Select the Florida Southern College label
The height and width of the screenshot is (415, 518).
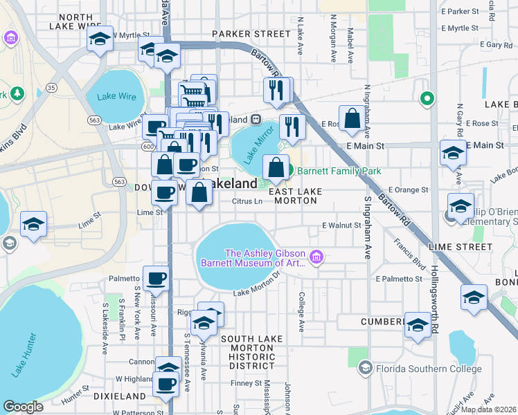(428, 369)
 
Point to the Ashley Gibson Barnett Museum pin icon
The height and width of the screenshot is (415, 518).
(316, 258)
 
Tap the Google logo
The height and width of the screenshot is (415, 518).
(23, 406)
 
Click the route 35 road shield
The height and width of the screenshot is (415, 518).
(51, 88)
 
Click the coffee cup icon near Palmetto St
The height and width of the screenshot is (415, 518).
(156, 279)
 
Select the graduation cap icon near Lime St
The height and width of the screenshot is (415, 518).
(33, 225)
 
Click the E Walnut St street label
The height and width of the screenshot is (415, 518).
(342, 225)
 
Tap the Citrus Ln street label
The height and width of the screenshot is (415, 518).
(247, 202)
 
